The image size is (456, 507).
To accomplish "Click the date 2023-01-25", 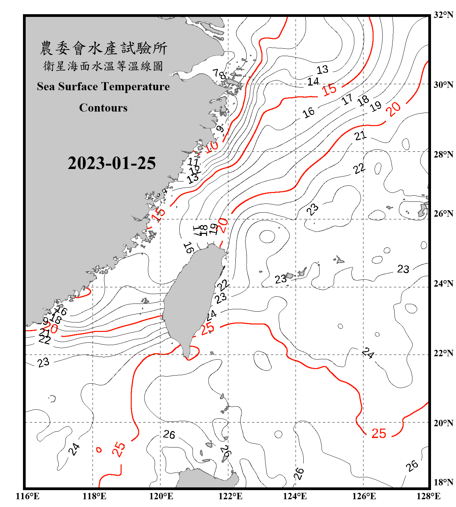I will [x=111, y=163].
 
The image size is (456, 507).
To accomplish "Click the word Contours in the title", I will [x=103, y=107].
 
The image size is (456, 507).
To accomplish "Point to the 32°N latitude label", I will [x=444, y=15].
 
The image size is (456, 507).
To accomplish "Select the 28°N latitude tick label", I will [x=444, y=154].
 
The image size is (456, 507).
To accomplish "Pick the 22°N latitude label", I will [x=444, y=353].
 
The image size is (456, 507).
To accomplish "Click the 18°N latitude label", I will [x=444, y=482].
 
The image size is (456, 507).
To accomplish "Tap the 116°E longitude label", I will [x=28, y=496].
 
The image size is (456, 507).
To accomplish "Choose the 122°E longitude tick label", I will [x=230, y=496].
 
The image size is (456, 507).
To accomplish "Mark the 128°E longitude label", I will [x=428, y=496].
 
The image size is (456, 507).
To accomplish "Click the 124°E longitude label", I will [x=295, y=496].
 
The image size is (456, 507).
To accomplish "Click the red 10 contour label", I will [x=212, y=147].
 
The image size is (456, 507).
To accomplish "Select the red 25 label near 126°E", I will [x=379, y=433].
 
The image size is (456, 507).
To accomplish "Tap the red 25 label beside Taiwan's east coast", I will [x=207, y=328].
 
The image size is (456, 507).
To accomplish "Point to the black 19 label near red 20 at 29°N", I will [x=375, y=106].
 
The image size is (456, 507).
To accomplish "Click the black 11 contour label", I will [x=193, y=162].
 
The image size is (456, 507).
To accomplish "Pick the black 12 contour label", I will [x=195, y=170].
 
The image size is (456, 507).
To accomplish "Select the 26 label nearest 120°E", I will [x=169, y=434].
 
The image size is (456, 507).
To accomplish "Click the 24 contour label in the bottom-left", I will [x=74, y=449].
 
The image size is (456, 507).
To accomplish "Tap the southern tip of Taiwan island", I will [x=186, y=356].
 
